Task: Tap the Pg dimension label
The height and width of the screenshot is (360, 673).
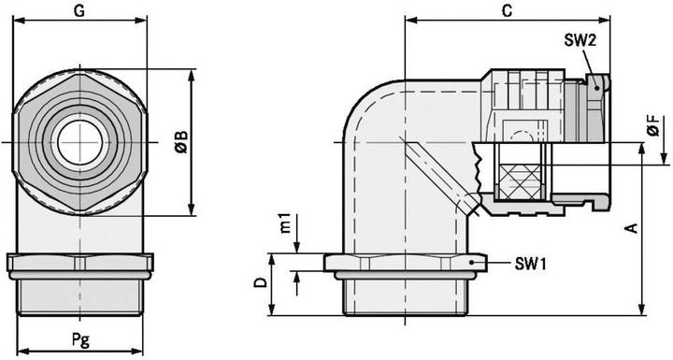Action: [x=80, y=340]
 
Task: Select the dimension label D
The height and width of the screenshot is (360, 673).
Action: [x=263, y=281]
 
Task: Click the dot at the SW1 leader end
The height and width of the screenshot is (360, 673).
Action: [x=480, y=265]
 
